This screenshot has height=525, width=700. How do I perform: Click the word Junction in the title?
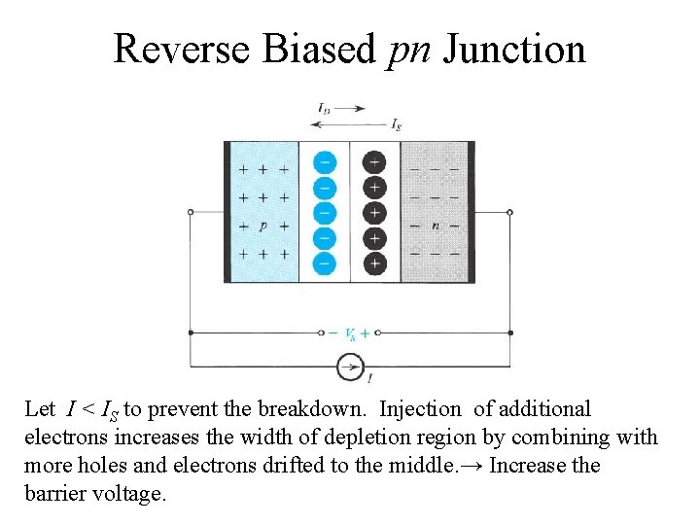515,49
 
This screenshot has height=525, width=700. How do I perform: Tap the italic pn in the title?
408,52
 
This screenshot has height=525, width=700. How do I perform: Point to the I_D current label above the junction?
324,108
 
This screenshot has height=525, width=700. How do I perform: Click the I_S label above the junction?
396,124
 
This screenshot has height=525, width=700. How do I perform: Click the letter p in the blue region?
262,226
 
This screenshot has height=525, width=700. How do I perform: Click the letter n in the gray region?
437,226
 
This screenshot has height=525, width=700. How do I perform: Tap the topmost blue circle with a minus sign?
326,161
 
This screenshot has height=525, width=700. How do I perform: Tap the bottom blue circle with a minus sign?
326,262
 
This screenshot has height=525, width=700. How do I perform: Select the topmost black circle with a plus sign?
374,161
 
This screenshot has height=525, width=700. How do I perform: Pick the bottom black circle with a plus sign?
374,262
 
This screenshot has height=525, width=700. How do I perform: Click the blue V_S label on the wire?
350,333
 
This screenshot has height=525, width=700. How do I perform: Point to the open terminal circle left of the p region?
191,211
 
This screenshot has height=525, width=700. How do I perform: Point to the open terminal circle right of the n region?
510,211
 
